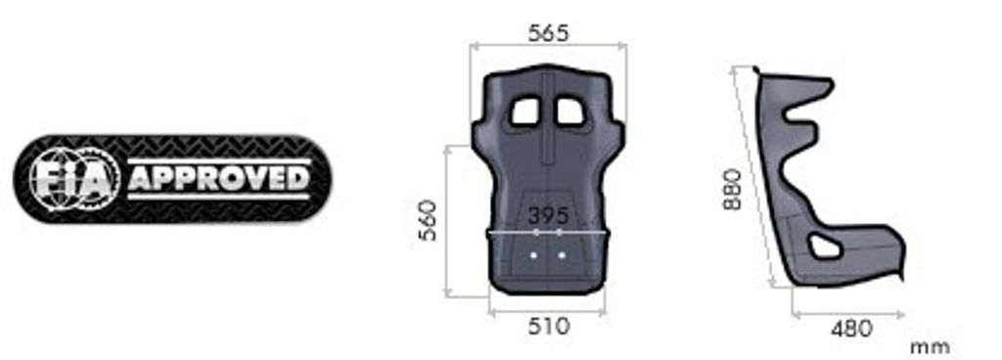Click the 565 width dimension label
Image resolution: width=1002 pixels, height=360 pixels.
[548, 33]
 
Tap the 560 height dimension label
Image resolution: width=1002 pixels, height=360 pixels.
[428, 220]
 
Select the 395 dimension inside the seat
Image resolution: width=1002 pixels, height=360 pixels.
[548, 216]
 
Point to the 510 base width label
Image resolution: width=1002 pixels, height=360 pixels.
[548, 326]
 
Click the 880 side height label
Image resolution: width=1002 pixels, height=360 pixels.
[732, 189]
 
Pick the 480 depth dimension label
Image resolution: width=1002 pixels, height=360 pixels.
[851, 329]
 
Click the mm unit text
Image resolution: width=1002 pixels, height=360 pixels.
[930, 348]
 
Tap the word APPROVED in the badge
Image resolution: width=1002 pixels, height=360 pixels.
[219, 179]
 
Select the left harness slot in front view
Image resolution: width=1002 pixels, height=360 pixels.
[525, 112]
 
